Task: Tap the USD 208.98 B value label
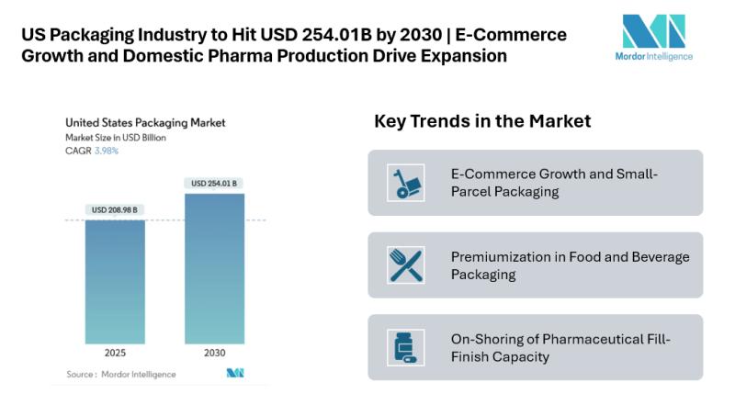tap(115, 210)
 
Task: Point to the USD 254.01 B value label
tap(214, 184)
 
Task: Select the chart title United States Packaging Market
tap(144, 122)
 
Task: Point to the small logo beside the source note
tap(233, 374)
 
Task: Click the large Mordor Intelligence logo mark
tap(653, 31)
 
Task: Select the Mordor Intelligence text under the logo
tap(653, 56)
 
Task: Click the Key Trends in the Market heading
tap(482, 121)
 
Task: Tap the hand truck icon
tap(405, 183)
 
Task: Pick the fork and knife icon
tap(405, 265)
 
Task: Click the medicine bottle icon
tap(405, 347)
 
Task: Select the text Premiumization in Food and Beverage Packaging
tap(570, 265)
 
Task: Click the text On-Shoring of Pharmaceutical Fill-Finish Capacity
tap(560, 347)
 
